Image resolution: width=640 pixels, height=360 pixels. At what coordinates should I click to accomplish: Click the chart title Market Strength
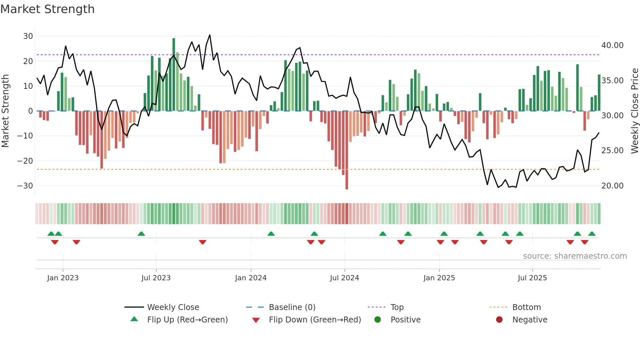pos(47,9)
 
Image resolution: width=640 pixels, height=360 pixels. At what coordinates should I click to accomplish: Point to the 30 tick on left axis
pos(28,36)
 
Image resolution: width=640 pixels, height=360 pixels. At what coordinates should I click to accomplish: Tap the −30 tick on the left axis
pos(25,186)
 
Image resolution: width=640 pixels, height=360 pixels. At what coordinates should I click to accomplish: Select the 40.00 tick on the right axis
pos(612,45)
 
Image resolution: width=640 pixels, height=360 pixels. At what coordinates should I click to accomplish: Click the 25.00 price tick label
pos(612,151)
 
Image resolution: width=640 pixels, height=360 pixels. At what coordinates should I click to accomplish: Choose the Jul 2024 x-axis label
pos(344,278)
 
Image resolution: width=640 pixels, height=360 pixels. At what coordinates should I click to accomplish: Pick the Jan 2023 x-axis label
pos(63,278)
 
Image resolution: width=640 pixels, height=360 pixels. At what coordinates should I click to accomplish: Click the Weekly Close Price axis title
pos(634,111)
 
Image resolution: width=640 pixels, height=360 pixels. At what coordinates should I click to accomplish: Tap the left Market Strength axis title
pos(5,111)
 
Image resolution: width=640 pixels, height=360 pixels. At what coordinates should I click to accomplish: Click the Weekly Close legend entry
pos(173,307)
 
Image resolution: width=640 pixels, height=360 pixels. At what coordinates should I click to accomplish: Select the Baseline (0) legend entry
pos(292,307)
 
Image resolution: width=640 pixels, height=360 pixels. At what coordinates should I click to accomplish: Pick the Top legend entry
pos(397,307)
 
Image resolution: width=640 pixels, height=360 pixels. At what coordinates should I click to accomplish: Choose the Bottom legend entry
pos(526,307)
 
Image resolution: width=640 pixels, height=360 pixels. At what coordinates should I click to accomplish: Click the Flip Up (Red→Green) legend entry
pos(187,320)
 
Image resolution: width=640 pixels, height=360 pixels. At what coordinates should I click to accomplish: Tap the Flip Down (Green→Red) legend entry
pos(315,320)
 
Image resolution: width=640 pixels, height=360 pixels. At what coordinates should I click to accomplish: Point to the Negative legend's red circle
pos(499,319)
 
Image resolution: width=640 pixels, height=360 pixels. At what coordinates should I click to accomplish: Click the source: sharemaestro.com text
pos(575,256)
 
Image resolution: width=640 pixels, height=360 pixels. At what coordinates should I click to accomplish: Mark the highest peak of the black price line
pos(210,35)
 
